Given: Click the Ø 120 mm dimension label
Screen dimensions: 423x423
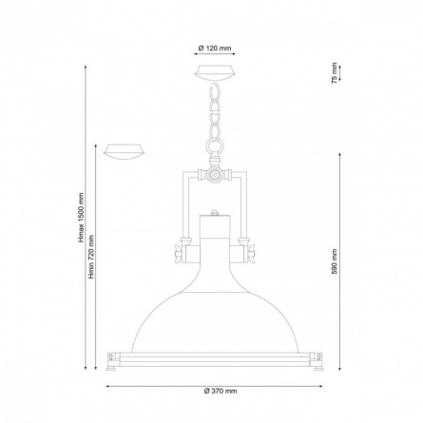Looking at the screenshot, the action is [215, 48].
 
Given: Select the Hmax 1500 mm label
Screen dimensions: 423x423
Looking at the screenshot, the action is [82, 218].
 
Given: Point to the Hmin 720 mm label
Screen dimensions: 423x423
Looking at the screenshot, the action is [91, 257].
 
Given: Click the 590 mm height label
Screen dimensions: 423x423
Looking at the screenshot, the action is [335, 261].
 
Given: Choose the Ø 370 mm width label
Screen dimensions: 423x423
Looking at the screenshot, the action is [221, 391].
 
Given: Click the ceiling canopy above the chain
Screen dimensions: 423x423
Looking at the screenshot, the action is [215, 72].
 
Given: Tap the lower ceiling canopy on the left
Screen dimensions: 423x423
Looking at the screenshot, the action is [125, 151].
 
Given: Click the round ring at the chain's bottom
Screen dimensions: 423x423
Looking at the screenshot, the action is [215, 145].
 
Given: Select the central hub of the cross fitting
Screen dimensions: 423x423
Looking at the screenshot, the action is [215, 174].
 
